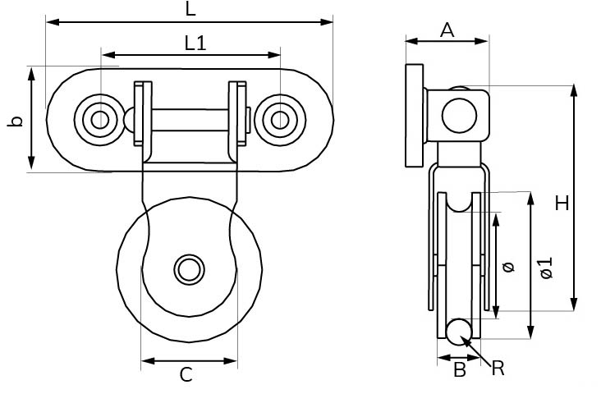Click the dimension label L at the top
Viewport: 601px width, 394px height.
pos(190,10)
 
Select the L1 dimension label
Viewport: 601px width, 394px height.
pos(195,44)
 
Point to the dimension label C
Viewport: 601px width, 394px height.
pos(186,375)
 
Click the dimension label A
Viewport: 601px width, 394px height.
pos(447,30)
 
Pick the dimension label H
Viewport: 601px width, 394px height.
pos(562,203)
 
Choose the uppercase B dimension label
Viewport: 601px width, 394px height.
pos(460,371)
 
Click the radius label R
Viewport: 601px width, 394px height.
pos(498,369)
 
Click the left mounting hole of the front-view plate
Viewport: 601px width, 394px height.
pos(100,120)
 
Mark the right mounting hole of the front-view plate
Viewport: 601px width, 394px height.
pos(280,120)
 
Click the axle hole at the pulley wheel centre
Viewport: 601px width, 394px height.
pos(190,268)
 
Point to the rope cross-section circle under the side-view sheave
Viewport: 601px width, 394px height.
pos(459,331)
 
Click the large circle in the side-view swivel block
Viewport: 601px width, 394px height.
pos(459,115)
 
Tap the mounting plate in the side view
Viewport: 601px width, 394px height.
pos(415,116)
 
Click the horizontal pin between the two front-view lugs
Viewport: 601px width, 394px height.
pos(190,120)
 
